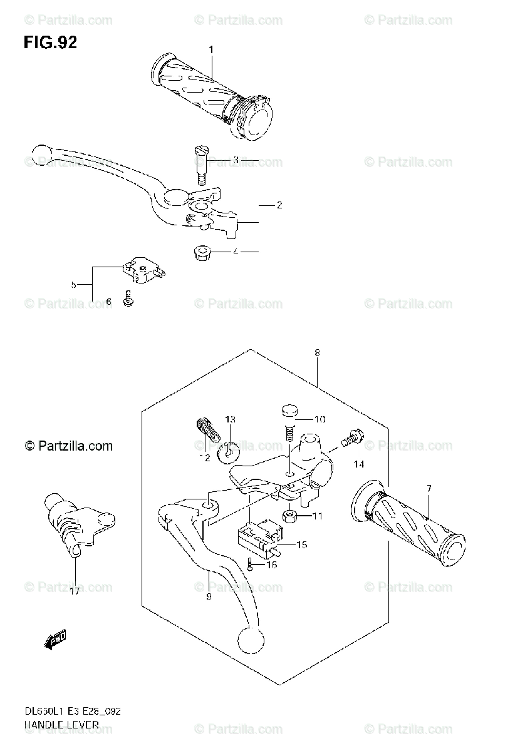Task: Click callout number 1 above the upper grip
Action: (x=211, y=49)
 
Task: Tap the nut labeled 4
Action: (x=200, y=253)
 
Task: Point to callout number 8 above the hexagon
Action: (x=318, y=354)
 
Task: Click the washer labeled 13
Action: (x=228, y=449)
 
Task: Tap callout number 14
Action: (x=358, y=464)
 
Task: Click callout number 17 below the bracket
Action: (x=75, y=590)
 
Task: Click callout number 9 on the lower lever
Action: (x=209, y=596)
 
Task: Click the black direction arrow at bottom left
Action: (x=56, y=640)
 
